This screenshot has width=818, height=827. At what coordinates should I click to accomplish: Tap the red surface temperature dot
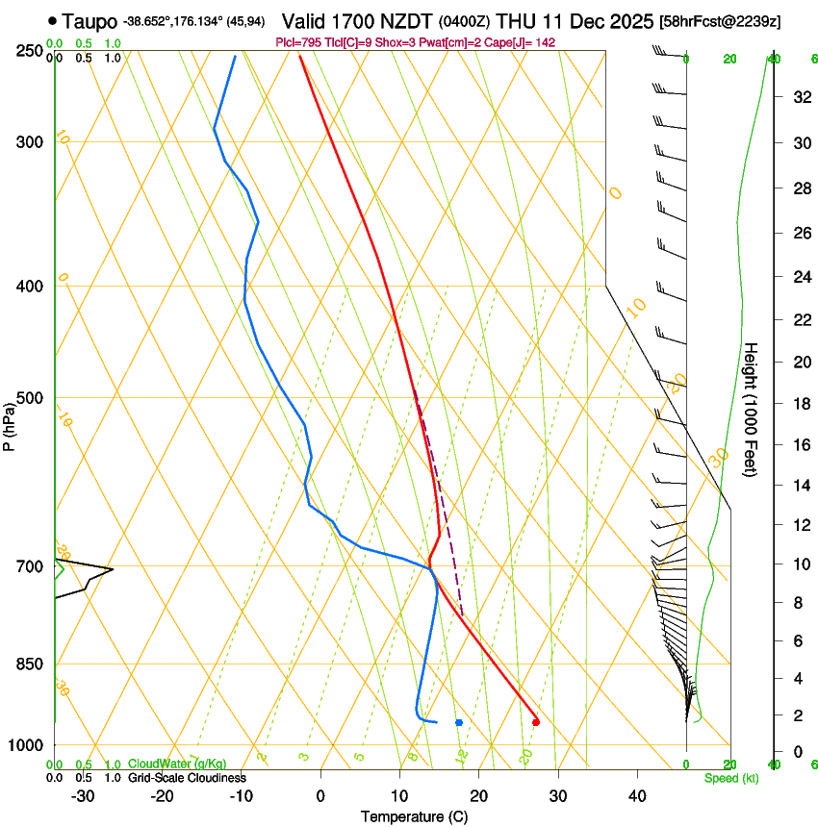(x=536, y=722)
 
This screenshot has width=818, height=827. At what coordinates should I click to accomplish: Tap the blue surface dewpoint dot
(x=459, y=722)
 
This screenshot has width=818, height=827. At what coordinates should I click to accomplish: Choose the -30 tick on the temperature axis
(x=82, y=796)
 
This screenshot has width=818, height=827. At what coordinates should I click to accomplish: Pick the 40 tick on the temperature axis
(x=636, y=796)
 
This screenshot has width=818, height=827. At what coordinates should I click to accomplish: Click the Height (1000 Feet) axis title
(x=752, y=409)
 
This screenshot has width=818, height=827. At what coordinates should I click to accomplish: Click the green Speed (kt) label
(x=730, y=778)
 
